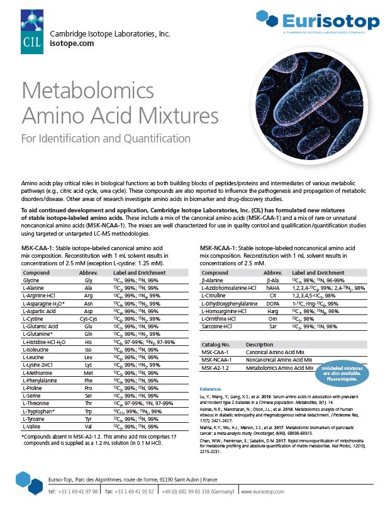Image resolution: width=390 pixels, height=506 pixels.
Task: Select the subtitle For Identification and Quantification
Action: pyautogui.click(x=106, y=137)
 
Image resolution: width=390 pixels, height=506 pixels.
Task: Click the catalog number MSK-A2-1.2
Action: pyautogui.click(x=218, y=366)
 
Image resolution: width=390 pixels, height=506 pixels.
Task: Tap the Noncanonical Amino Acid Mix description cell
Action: pyautogui.click(x=280, y=359)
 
